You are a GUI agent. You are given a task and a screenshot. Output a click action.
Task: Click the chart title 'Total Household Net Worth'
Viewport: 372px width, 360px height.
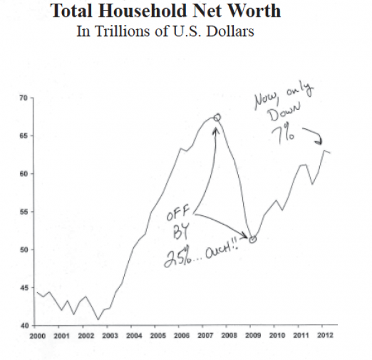coord(165,11)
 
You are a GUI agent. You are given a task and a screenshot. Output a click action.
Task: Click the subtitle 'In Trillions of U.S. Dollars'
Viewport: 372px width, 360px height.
coord(165,31)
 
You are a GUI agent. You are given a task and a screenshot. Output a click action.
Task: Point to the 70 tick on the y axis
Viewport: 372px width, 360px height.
coord(24,98)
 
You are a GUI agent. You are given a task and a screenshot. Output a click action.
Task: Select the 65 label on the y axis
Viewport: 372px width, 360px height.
coord(24,136)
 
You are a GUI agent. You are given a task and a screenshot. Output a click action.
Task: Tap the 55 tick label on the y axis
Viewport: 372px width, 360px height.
coord(24,212)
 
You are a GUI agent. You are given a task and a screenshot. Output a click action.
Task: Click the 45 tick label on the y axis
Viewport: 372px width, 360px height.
coord(24,287)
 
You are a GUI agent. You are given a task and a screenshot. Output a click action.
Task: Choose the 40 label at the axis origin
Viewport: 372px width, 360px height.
coord(24,325)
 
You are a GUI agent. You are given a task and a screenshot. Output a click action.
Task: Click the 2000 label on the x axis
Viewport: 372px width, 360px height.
coord(38,336)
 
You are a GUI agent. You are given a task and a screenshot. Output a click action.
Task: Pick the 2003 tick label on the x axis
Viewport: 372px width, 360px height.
coord(110,336)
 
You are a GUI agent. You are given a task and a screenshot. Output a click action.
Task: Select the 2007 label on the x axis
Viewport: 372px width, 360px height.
coord(205,336)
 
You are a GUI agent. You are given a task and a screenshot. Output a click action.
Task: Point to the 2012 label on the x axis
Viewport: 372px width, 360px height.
coord(324,336)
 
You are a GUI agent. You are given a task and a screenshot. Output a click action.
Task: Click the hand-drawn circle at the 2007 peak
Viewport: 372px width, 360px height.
coord(217,117)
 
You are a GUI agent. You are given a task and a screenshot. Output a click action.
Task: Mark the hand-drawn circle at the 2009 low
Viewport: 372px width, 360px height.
coord(252,238)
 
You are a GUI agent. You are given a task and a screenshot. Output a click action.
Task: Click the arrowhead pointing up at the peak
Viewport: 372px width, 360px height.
coord(216,129)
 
